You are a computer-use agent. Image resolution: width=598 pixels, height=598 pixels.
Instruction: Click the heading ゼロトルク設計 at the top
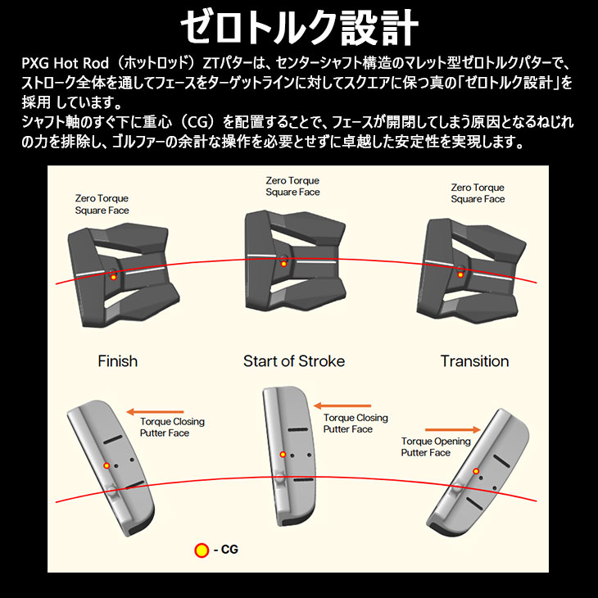point(299,28)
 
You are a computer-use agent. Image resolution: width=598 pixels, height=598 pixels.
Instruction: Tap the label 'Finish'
point(117,361)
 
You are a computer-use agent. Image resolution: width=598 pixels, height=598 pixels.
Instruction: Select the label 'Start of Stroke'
point(294,361)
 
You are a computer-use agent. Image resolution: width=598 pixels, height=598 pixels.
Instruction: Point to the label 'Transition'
point(474,361)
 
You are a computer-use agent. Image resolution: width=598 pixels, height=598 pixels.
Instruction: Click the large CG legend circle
point(202,550)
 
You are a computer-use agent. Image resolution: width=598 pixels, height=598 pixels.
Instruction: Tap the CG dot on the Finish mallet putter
point(113,277)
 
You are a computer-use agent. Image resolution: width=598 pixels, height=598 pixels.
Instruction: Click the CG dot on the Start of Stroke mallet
point(283,264)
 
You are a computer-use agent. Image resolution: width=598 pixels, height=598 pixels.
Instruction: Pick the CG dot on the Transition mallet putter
point(460,274)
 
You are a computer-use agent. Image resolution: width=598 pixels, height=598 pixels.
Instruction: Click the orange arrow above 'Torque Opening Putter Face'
point(452,430)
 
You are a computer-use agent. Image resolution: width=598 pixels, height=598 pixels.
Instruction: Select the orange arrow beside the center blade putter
point(342,405)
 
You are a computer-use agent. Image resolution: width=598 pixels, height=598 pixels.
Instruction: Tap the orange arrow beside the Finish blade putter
point(155,412)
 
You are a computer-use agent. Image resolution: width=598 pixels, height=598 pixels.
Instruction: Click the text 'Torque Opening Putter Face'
point(436,447)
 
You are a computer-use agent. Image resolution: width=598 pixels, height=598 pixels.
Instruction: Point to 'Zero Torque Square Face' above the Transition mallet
point(478,193)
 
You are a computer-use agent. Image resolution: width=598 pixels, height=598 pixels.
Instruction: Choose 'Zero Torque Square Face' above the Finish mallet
point(102,205)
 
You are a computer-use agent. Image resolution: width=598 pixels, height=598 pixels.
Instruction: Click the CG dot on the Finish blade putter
point(106,465)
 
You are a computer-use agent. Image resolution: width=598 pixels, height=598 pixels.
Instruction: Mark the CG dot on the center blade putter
point(283,454)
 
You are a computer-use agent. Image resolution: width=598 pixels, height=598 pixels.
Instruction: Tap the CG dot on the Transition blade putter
point(476,471)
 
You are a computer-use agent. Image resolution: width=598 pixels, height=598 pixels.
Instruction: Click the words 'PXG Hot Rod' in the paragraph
point(66,63)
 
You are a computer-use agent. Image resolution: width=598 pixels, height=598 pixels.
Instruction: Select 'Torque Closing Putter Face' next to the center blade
point(356,424)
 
